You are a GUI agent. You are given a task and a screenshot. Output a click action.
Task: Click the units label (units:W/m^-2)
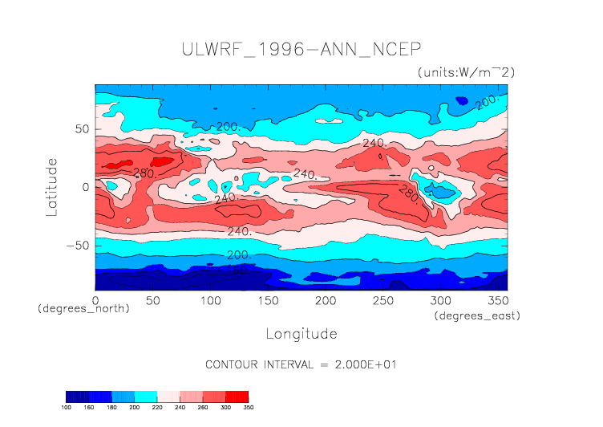point(466,72)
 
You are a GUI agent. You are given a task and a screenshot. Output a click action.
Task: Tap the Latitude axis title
point(52,186)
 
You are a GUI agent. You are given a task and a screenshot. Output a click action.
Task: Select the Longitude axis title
point(301,333)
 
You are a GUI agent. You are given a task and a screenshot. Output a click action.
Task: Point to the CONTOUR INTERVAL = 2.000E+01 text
point(301,364)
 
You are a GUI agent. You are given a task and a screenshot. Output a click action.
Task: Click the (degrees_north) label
point(83,308)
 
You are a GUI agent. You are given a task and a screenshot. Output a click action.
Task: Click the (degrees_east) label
point(478,316)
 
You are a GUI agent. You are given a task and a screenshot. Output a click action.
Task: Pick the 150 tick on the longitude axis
point(268,299)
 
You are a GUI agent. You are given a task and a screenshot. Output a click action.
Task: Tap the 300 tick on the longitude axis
point(440,299)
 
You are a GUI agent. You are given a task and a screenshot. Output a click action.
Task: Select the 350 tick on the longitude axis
point(497,299)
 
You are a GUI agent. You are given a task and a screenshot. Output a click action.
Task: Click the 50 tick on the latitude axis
point(82,128)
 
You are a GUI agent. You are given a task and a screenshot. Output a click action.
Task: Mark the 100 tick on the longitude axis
point(210,299)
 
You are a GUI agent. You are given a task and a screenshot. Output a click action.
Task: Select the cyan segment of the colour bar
point(146,396)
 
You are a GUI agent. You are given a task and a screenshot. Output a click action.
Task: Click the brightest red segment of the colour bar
point(237,396)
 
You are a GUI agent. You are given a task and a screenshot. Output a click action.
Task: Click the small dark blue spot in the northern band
point(462,100)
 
